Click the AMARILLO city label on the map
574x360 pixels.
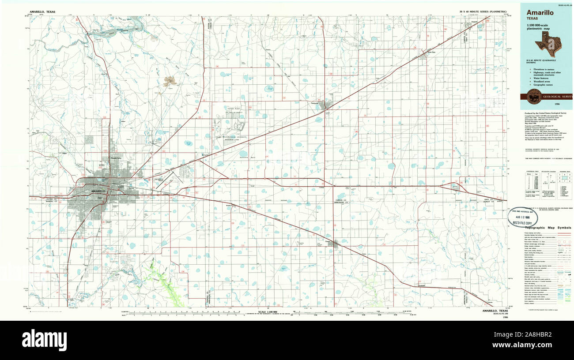tap(98, 191)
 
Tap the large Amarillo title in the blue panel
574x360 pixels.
tap(540, 13)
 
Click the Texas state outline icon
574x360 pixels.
tap(547, 43)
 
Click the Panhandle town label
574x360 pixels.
tap(314, 103)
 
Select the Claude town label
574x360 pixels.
tap(328, 241)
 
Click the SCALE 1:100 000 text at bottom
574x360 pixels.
tap(265, 311)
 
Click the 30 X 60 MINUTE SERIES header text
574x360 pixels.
tap(483, 11)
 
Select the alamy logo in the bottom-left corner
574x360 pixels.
tap(44, 340)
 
